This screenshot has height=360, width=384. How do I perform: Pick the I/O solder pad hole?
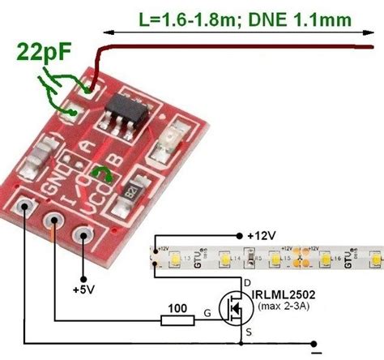pos(55,221)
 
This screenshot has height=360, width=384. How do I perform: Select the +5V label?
pos(84,289)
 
